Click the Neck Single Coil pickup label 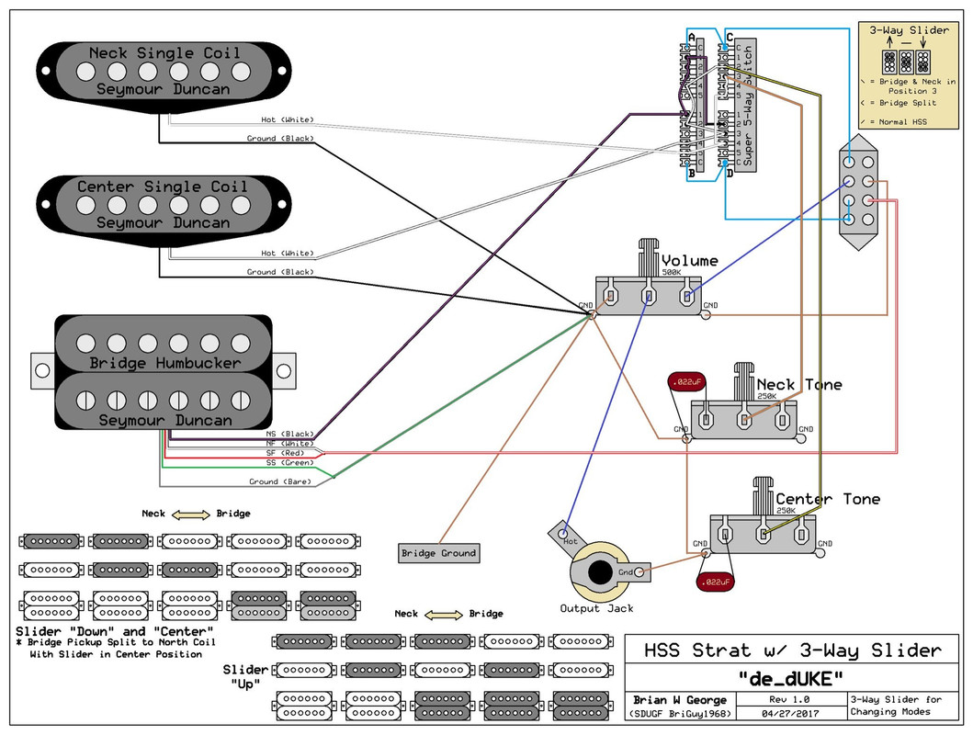click(x=164, y=53)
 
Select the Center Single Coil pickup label click(x=164, y=187)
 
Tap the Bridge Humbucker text click(x=165, y=363)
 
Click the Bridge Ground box click(x=438, y=553)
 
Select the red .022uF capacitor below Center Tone click(x=715, y=582)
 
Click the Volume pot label click(x=689, y=261)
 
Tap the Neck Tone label click(x=798, y=384)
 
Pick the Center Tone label click(x=827, y=499)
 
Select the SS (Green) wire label click(x=288, y=463)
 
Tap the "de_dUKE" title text click(x=789, y=678)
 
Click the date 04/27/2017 click(x=789, y=712)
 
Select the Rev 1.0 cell click(x=789, y=699)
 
